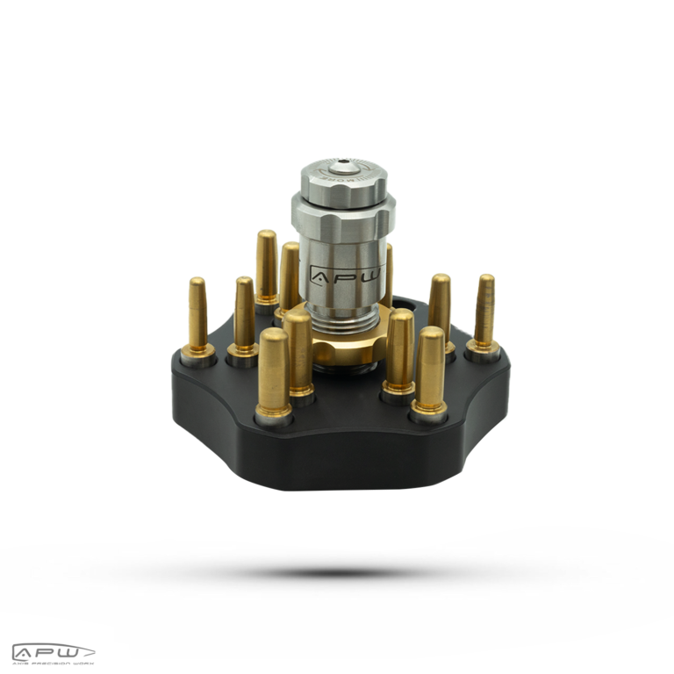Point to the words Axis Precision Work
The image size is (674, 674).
coord(53,662)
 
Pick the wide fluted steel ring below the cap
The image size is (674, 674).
coord(343,211)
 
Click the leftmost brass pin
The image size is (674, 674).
coord(197,316)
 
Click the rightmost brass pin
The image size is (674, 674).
coord(484,312)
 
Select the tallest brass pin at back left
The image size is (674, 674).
coord(266,268)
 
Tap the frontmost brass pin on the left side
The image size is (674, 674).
coord(274,373)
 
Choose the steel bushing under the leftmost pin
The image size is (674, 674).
coord(198,356)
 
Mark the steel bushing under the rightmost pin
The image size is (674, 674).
coord(483,350)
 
